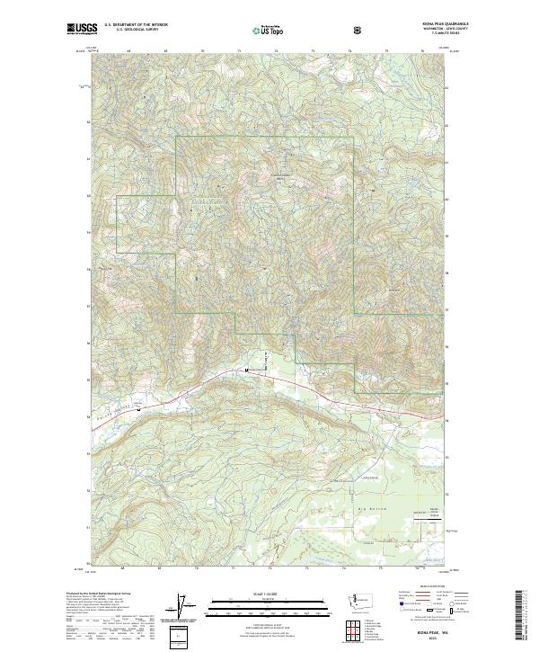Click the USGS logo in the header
point(81,29)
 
